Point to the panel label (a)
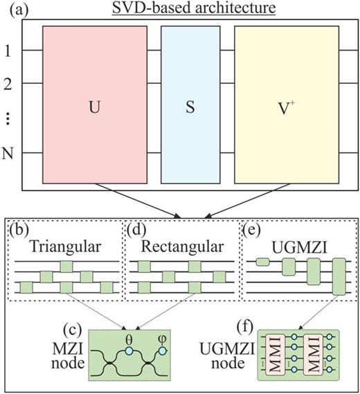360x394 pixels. [17, 9]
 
